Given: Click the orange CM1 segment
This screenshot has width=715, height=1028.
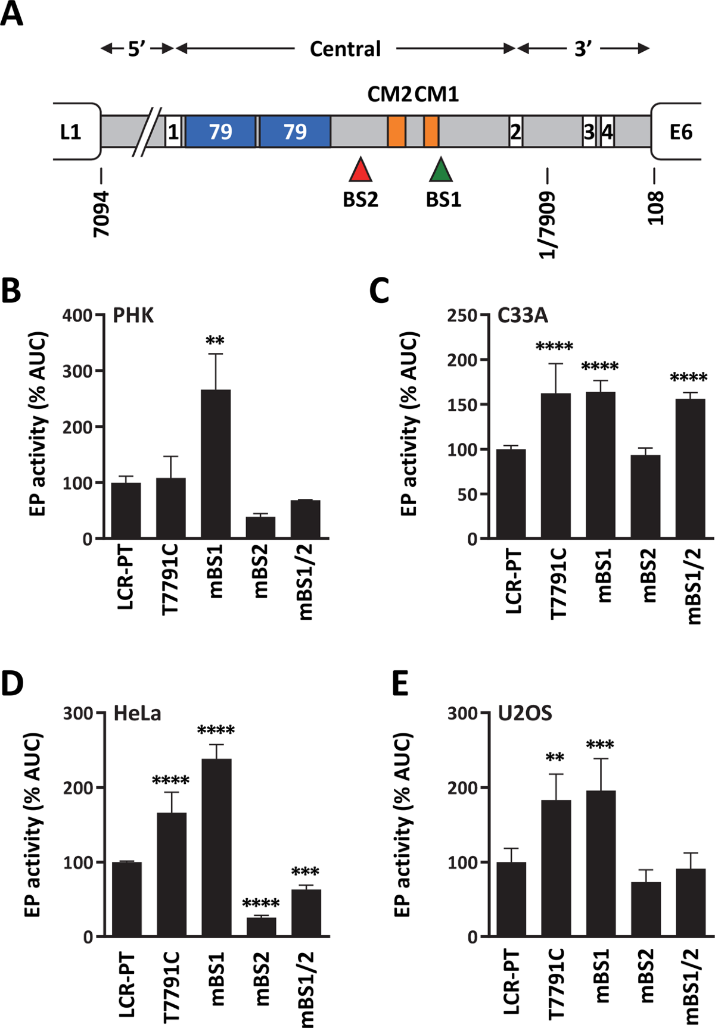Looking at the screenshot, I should pyautogui.click(x=431, y=132).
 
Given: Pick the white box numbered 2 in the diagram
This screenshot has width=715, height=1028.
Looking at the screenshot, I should pyautogui.click(x=515, y=132).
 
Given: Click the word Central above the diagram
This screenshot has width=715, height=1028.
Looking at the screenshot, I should pyautogui.click(x=345, y=49).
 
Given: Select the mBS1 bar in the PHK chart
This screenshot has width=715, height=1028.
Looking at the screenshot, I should pyautogui.click(x=215, y=464).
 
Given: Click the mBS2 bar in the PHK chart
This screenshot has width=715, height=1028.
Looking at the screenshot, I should pyautogui.click(x=260, y=527).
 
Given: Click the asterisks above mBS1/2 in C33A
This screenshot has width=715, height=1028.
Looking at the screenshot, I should pyautogui.click(x=689, y=379).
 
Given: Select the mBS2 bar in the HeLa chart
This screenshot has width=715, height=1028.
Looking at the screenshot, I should pyautogui.click(x=261, y=927).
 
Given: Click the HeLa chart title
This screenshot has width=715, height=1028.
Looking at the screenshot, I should pyautogui.click(x=137, y=713).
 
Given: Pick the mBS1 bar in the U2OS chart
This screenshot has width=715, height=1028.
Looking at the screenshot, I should pyautogui.click(x=601, y=863).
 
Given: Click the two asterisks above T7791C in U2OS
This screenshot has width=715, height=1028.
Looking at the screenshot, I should pyautogui.click(x=556, y=758).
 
